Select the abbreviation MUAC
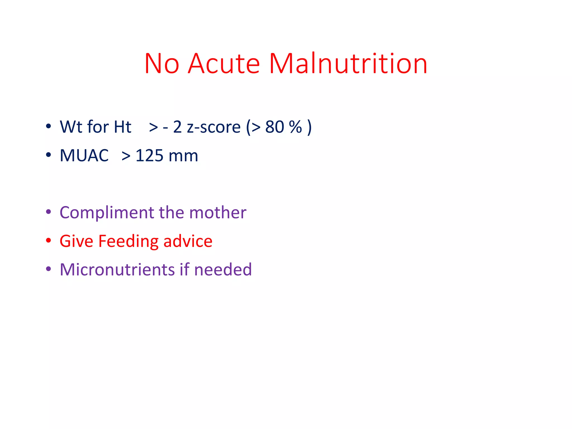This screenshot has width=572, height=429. click(x=84, y=155)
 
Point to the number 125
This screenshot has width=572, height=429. click(x=149, y=155)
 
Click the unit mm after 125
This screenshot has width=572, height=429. click(x=183, y=156)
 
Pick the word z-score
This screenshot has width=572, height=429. click(x=214, y=127)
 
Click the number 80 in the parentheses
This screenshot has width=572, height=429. click(x=275, y=127)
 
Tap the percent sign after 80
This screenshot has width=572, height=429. click(x=295, y=127)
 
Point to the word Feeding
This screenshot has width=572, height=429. click(x=128, y=241)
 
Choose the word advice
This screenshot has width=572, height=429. click(x=188, y=241)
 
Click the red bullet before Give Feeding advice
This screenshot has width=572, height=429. click(x=49, y=240)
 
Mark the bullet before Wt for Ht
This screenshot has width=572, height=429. click(x=49, y=126)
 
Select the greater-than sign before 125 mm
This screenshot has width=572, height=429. click(x=126, y=156)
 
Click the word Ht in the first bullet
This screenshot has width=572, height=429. click(x=122, y=127)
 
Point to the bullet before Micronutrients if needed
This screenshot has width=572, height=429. click(x=49, y=269)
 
